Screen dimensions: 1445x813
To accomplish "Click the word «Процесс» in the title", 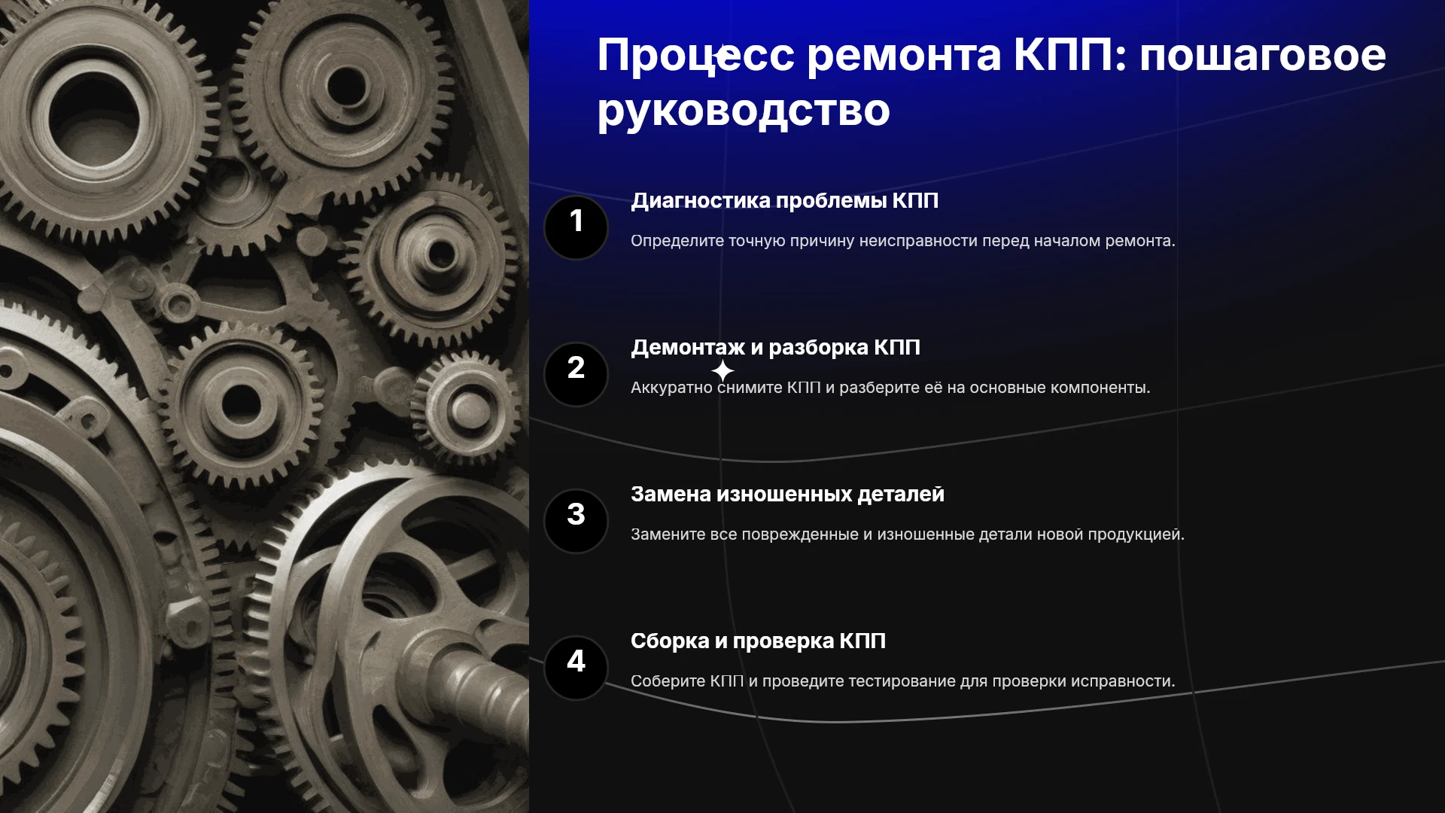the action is click(x=695, y=56).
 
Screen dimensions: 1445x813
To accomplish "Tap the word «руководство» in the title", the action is click(x=744, y=111).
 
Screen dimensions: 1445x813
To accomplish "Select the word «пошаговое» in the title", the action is click(x=1262, y=56).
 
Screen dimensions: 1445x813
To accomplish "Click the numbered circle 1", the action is click(x=576, y=227).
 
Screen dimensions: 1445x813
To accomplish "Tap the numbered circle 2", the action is click(x=576, y=374).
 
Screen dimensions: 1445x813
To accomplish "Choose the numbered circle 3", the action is click(x=576, y=521).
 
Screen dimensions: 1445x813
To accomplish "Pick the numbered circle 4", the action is click(x=576, y=668).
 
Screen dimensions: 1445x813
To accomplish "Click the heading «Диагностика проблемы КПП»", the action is click(x=784, y=201).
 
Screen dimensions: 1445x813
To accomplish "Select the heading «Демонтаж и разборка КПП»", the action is click(x=775, y=348).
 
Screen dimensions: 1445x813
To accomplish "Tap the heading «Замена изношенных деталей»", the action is click(x=787, y=495).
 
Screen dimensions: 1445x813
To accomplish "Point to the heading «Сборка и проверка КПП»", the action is click(x=758, y=641).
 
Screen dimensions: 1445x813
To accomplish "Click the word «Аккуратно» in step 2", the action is click(x=671, y=388).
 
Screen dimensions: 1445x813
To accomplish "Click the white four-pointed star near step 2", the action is click(x=722, y=370).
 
